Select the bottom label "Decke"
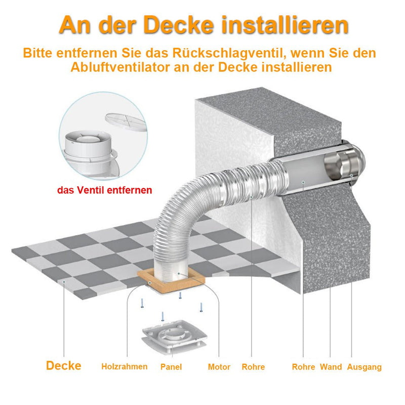[63, 366]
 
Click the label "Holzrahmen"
[124, 367]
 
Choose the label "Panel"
[171, 367]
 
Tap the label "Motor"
[219, 367]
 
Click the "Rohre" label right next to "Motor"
[253, 367]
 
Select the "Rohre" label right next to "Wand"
[303, 367]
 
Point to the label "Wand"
[331, 367]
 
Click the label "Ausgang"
[364, 367]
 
